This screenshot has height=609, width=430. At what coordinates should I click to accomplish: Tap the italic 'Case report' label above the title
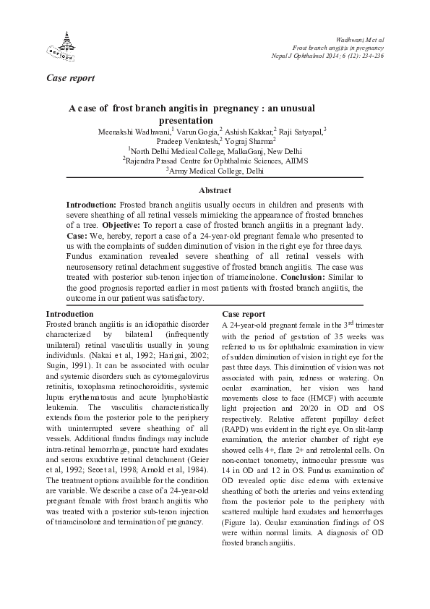(70, 77)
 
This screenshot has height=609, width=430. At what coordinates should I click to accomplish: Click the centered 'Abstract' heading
(215, 191)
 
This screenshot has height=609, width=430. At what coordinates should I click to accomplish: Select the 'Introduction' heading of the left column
(69, 314)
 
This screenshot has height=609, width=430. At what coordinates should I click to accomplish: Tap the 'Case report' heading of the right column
(244, 315)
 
